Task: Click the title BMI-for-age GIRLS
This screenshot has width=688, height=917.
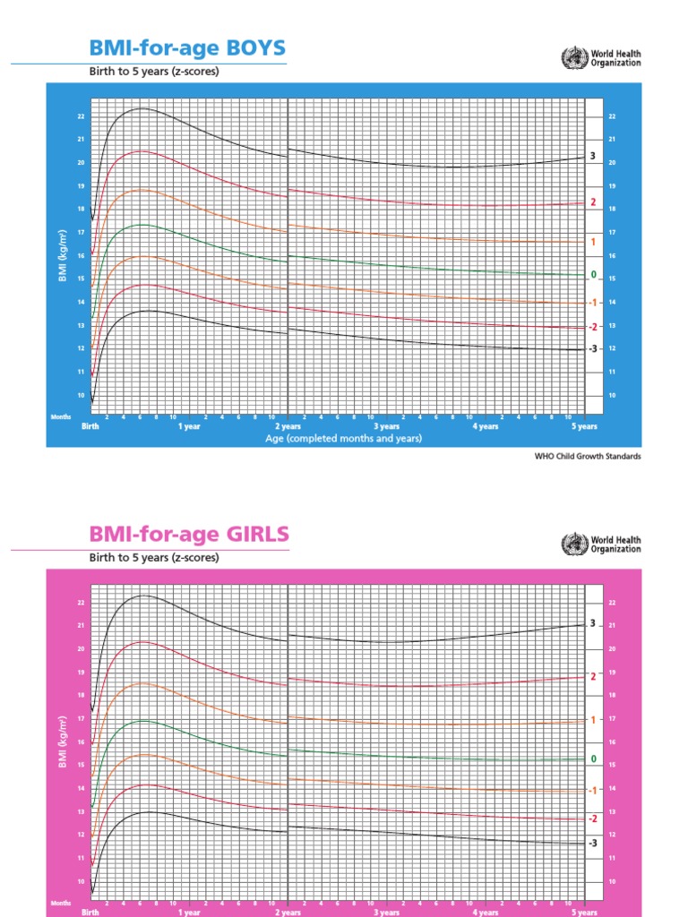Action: pos(189,535)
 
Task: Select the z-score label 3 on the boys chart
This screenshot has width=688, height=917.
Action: pos(592,157)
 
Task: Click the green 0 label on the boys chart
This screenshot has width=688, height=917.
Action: pos(593,274)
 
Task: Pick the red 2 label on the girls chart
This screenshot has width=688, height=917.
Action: pos(592,676)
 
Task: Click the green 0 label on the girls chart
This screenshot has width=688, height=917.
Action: pos(593,758)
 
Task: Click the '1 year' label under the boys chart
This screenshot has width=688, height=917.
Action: pos(189,427)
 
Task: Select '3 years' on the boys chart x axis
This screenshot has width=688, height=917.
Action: pos(387,427)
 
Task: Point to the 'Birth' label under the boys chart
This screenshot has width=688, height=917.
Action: pos(90,427)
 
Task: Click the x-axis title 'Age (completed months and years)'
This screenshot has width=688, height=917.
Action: pos(344,440)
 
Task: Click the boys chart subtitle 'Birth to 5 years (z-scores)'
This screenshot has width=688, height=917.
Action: pos(153,72)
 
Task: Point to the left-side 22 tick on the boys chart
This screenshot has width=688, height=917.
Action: pos(80,116)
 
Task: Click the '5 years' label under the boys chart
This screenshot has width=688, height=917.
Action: pos(584,427)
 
